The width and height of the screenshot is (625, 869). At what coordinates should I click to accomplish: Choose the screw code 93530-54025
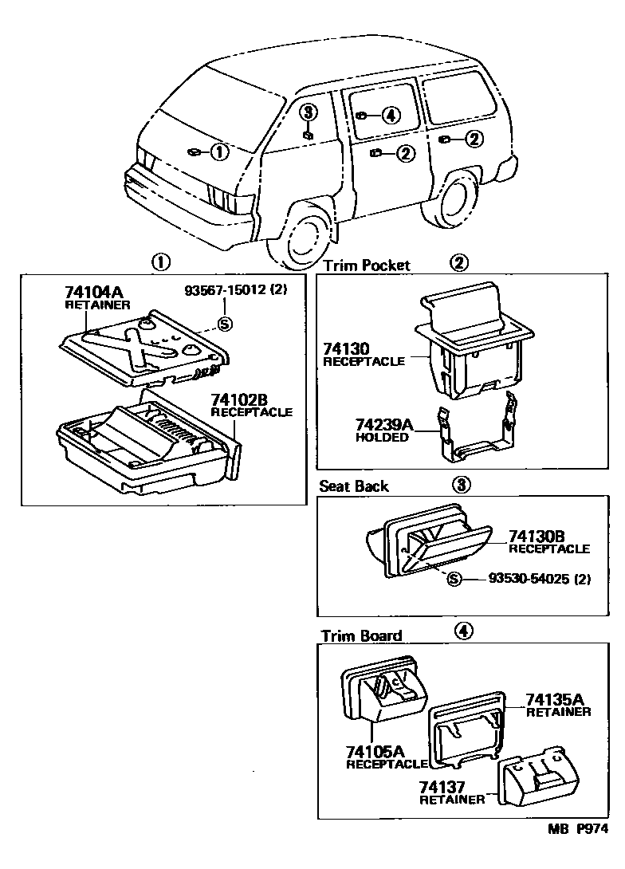click(529, 580)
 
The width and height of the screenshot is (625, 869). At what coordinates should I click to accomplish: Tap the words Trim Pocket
click(366, 265)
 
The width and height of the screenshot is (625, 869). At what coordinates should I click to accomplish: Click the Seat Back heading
click(354, 486)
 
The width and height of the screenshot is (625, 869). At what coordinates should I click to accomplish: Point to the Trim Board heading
click(361, 635)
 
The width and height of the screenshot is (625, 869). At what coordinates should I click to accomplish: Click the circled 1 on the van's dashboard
click(219, 151)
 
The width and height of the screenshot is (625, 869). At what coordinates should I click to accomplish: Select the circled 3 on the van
click(309, 112)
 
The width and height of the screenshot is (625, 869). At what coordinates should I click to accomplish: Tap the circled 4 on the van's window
click(389, 116)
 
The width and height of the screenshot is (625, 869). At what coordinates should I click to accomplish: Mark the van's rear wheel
click(458, 203)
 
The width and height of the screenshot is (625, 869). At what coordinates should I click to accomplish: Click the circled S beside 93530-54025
click(454, 580)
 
